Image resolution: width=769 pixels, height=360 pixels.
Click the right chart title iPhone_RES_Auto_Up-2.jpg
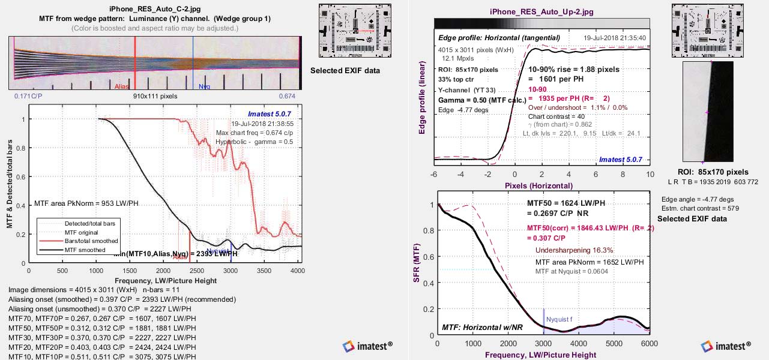541,11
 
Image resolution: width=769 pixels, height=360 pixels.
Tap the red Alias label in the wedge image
122,87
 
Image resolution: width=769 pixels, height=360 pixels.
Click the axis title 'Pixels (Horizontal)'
538,185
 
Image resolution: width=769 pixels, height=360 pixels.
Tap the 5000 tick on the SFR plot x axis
614,343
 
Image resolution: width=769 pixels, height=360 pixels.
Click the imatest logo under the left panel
367,346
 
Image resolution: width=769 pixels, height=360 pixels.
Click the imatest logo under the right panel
726,346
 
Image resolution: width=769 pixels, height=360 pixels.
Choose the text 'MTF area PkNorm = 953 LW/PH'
86,203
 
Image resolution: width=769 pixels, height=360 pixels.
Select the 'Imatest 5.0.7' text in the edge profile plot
620,160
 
